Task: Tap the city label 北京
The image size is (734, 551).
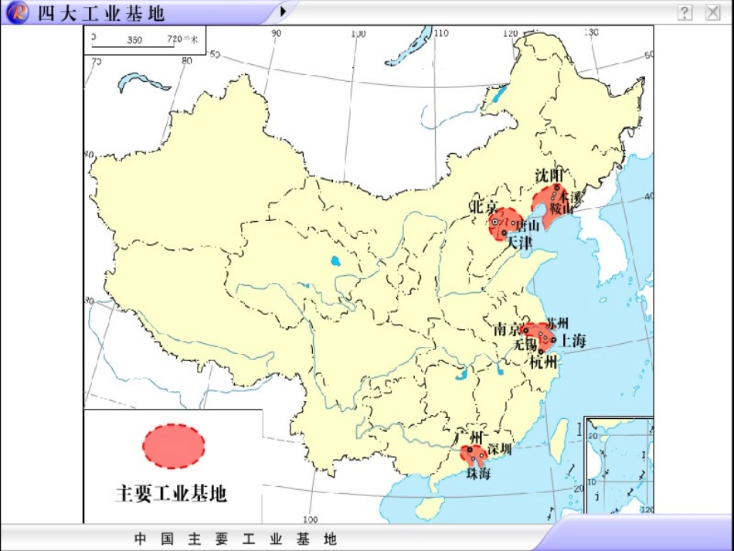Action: [x=484, y=207]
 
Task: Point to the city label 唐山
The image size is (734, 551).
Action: [x=528, y=226]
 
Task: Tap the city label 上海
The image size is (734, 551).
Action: [x=574, y=340]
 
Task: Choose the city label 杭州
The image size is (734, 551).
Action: [x=544, y=362]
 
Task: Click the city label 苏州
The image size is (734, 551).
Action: [x=557, y=323]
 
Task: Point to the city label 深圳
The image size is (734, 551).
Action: [x=499, y=450]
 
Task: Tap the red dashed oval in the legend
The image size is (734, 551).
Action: [x=174, y=446]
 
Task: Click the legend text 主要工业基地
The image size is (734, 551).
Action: [x=172, y=493]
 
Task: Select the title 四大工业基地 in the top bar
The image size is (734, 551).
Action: [x=101, y=13]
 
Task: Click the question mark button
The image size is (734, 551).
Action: [x=685, y=12]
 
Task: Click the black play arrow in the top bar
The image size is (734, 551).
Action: [x=284, y=12]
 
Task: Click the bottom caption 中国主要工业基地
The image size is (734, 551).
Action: [x=236, y=539]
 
